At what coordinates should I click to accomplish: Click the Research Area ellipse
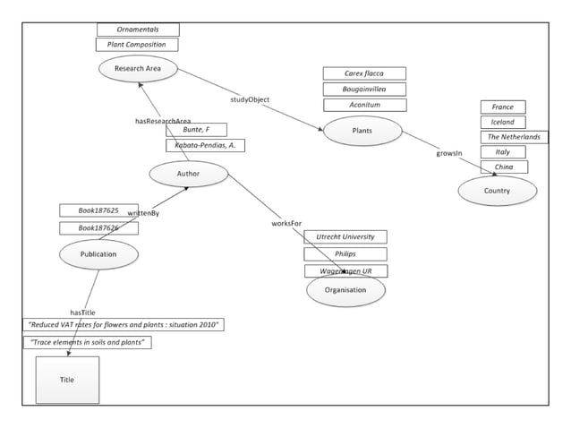(x=138, y=68)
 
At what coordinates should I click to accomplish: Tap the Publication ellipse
(x=98, y=254)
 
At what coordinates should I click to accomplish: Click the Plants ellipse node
(x=362, y=131)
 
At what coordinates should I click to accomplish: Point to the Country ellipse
(x=497, y=191)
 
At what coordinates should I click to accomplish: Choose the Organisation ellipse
(x=345, y=290)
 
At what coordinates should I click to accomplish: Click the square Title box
(x=67, y=380)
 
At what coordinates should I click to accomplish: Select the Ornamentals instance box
(x=138, y=30)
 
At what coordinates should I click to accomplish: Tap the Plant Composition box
(x=137, y=44)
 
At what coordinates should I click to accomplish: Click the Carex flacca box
(x=364, y=73)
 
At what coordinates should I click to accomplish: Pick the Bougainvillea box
(x=364, y=89)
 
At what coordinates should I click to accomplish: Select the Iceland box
(x=502, y=122)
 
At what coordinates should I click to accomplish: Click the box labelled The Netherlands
(x=514, y=137)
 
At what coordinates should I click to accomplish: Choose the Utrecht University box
(x=345, y=237)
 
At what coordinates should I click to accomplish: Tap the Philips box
(x=345, y=253)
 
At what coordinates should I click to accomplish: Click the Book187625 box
(x=97, y=210)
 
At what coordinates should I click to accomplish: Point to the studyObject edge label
(x=250, y=99)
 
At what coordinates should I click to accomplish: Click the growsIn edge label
(x=449, y=153)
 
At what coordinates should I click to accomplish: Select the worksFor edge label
(x=286, y=222)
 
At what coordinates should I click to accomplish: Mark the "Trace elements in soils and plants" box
(x=87, y=342)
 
